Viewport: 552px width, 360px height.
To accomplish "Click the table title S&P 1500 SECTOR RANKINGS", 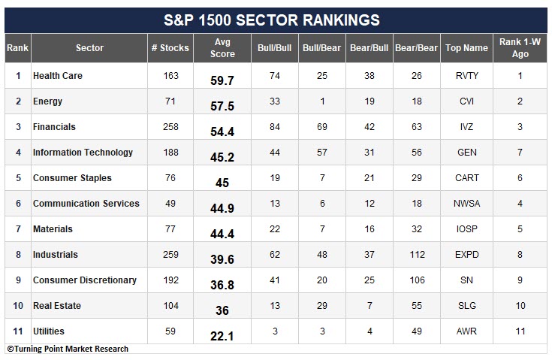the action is pyautogui.click(x=271, y=20).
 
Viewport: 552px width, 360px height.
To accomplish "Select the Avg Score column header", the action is pyautogui.click(x=222, y=48).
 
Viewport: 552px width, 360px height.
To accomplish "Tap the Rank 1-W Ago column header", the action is pyautogui.click(x=520, y=48).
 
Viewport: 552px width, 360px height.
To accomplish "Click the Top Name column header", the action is pyautogui.click(x=466, y=48).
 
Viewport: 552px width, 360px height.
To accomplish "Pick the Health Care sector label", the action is pyautogui.click(x=58, y=76).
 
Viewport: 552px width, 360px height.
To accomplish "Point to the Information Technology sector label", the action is pyautogui.click(x=83, y=153).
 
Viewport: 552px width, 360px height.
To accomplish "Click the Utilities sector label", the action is pyautogui.click(x=49, y=331).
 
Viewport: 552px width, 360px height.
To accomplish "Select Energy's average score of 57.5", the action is pyautogui.click(x=222, y=106).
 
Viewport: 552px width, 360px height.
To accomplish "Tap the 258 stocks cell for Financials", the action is pyautogui.click(x=170, y=127).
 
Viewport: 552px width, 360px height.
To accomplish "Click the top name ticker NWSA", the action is pyautogui.click(x=467, y=204).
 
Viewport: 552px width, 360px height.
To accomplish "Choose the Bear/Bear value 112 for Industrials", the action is pyautogui.click(x=417, y=255).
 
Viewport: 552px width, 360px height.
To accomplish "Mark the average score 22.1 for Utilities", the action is pyautogui.click(x=222, y=336).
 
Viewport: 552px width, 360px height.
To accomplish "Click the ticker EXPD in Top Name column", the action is pyautogui.click(x=467, y=255).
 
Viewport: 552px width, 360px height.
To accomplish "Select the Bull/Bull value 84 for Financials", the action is pyautogui.click(x=275, y=127).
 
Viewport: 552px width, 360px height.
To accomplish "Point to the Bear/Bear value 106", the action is pyautogui.click(x=417, y=280).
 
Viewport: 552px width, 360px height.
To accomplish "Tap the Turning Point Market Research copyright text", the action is pyautogui.click(x=68, y=349).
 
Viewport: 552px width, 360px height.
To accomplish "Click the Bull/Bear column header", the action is pyautogui.click(x=321, y=48).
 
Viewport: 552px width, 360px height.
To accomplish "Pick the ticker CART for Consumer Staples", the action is pyautogui.click(x=467, y=178).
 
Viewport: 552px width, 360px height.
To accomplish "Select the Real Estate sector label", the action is pyautogui.click(x=57, y=306).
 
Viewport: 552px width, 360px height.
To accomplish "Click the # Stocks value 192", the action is pyautogui.click(x=170, y=280).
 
